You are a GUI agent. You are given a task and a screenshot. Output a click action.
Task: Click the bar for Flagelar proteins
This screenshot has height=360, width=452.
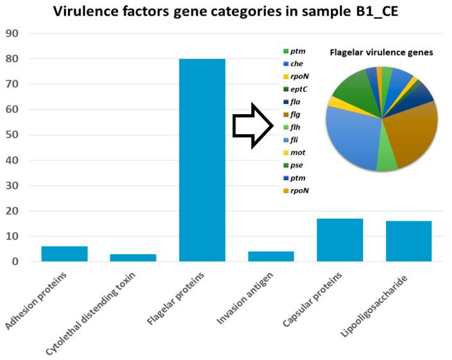[x=202, y=160]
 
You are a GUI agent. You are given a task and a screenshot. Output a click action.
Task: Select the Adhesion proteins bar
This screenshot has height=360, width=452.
[x=64, y=254]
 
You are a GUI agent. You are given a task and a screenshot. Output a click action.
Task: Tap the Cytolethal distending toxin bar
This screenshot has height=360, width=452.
[x=133, y=258]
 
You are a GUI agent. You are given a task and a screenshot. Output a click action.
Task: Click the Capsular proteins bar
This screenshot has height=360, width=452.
[x=340, y=240]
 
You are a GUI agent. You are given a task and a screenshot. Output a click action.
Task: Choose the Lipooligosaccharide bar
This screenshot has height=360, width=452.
[x=408, y=241]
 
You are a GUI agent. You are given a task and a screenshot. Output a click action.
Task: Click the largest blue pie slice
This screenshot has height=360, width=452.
[x=353, y=138]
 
